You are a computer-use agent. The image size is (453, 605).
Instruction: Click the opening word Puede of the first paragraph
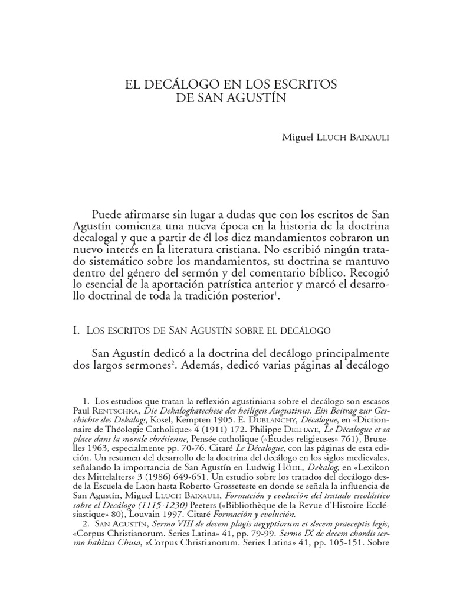(108, 213)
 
